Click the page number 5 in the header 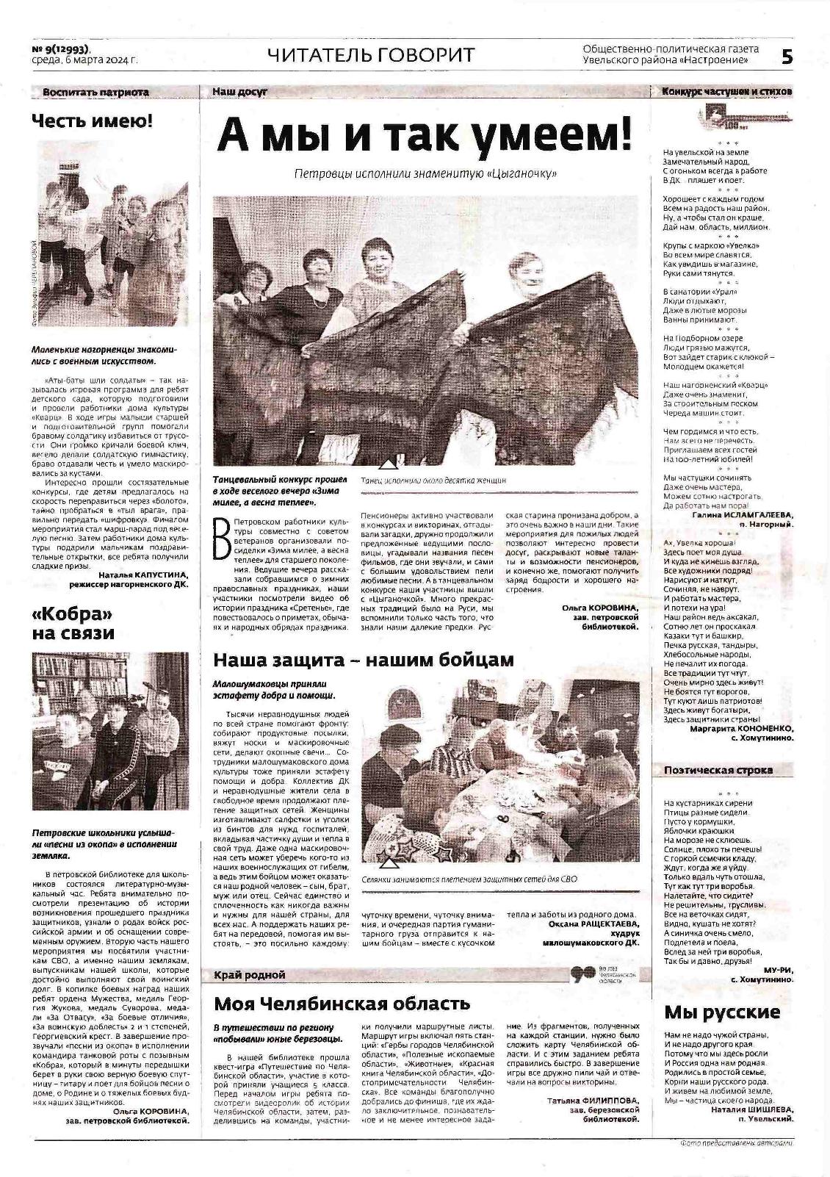click(787, 57)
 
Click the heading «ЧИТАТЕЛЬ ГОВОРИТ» click(371, 55)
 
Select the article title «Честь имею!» click(92, 121)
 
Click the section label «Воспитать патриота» click(95, 92)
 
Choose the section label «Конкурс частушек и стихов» click(726, 92)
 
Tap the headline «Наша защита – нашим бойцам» click(364, 660)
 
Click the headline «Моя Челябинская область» click(342, 1004)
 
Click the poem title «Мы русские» click(721, 1012)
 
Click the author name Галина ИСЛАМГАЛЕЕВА click(743, 515)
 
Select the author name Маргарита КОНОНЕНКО click(742, 729)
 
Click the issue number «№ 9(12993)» click(62, 49)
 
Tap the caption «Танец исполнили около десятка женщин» click(434, 480)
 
